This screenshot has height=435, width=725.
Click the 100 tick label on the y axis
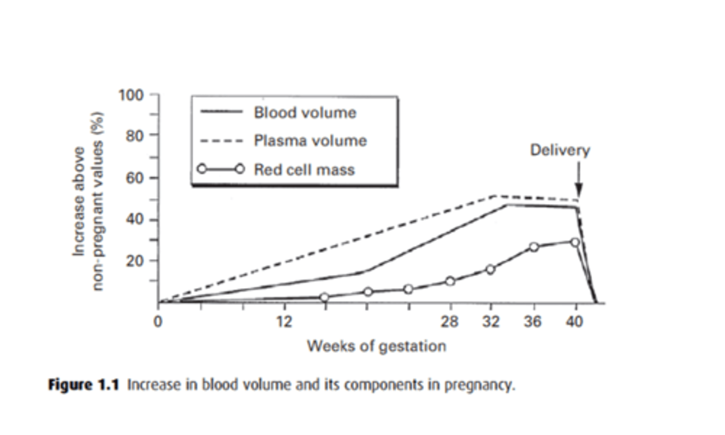131,95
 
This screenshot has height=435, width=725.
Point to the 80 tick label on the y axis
134,136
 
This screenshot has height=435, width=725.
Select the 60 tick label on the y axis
134,178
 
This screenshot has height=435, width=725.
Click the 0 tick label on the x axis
158,321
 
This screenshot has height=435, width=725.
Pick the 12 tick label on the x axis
284,321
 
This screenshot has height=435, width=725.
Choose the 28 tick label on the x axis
450,321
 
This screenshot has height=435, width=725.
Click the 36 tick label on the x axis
532,321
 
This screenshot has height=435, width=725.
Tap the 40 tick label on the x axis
574,321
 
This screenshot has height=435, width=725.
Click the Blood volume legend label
305,112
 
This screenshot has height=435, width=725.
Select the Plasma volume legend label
310,140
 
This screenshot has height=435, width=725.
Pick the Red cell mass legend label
304,170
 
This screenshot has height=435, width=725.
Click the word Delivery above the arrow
560,150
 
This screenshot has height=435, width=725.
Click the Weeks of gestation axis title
376,346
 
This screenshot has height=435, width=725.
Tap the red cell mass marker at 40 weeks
575,242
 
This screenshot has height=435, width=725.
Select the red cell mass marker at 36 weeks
534,247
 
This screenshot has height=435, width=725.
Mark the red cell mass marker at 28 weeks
450,281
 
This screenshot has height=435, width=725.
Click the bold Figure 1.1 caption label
84,385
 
